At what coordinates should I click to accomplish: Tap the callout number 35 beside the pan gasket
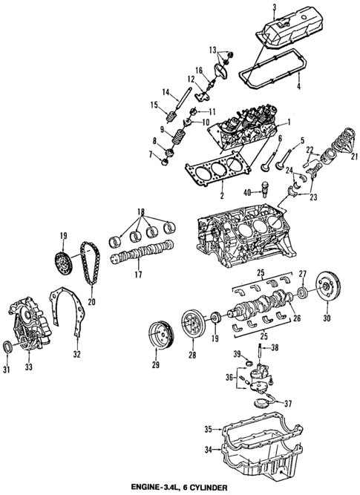point(209,428)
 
